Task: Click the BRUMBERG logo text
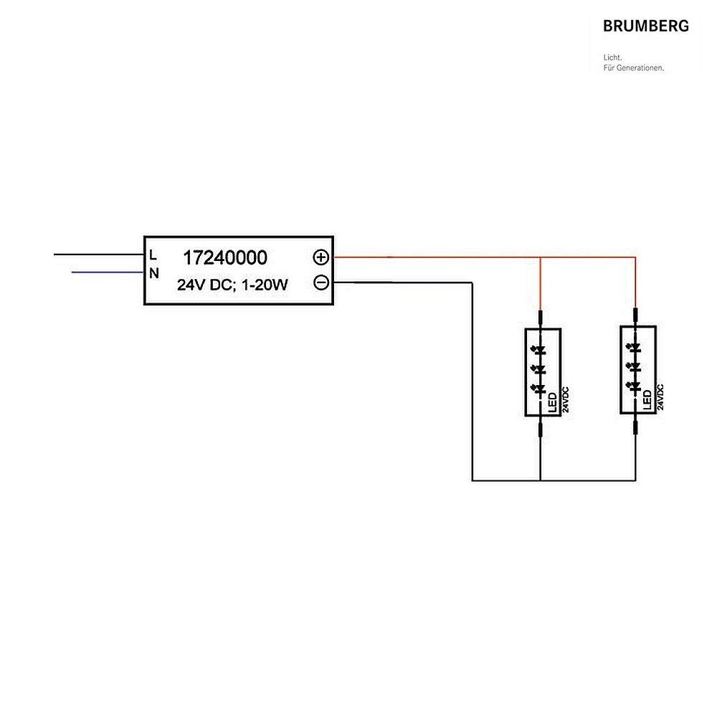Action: coord(646,26)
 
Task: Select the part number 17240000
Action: coord(225,258)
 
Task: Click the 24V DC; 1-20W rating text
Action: coord(232,285)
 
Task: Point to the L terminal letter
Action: coord(153,255)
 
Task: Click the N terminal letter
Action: coord(154,273)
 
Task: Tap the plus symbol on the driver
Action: coord(321,257)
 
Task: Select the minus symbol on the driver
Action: coord(321,282)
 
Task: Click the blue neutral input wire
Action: coord(108,272)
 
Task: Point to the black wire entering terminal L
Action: coord(99,255)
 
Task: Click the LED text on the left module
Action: coord(553,402)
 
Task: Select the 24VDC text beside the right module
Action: coord(660,397)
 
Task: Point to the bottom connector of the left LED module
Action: coord(541,429)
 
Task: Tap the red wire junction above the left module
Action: coord(541,257)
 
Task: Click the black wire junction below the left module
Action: coord(541,480)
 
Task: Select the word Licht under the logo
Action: coord(613,57)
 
